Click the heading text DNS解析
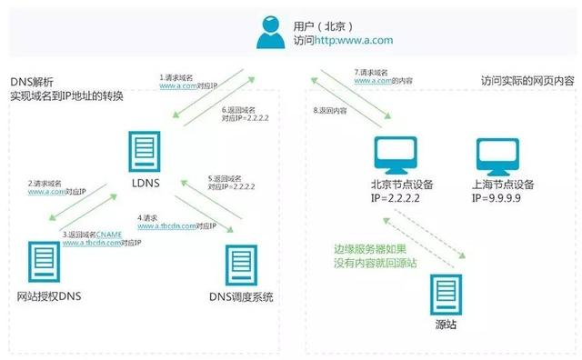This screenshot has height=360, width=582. pos(34,81)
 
